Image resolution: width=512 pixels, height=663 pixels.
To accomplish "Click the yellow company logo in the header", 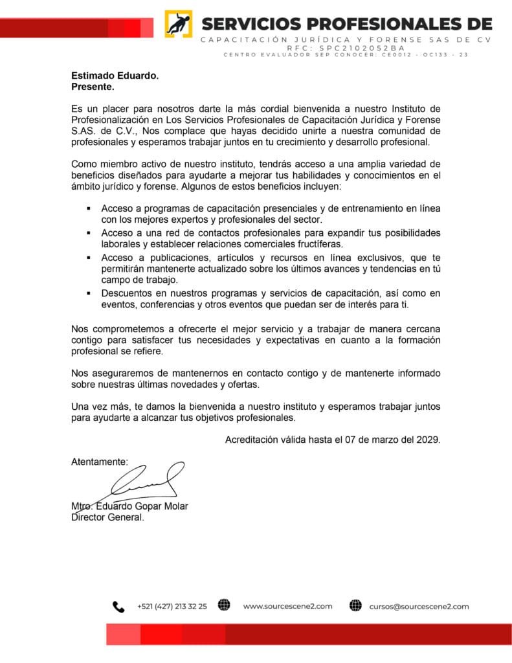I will (178, 23).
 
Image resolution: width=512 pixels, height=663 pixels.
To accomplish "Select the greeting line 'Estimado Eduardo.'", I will (115, 76).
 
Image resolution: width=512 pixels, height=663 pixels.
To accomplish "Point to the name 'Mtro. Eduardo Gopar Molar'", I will (129, 506).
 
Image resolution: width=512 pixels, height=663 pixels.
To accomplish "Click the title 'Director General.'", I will (107, 517).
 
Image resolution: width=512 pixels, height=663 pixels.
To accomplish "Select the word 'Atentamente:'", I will (100, 462).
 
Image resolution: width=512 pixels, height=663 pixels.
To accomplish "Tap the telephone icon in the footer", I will (118, 607).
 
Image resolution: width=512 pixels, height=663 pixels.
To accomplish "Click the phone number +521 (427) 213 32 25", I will (172, 607).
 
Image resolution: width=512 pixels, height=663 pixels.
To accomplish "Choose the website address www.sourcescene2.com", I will (287, 607).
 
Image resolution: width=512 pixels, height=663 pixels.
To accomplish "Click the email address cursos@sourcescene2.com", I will (419, 607).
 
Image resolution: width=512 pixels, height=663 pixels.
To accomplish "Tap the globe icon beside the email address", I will (355, 606).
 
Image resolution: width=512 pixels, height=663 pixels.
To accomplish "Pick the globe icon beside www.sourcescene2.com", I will (224, 606).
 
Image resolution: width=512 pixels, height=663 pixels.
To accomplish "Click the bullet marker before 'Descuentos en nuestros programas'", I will (89, 294).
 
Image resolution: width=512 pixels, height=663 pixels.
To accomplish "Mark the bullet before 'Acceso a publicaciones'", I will (89, 258).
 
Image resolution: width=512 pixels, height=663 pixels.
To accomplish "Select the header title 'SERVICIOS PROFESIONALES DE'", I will (347, 24).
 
